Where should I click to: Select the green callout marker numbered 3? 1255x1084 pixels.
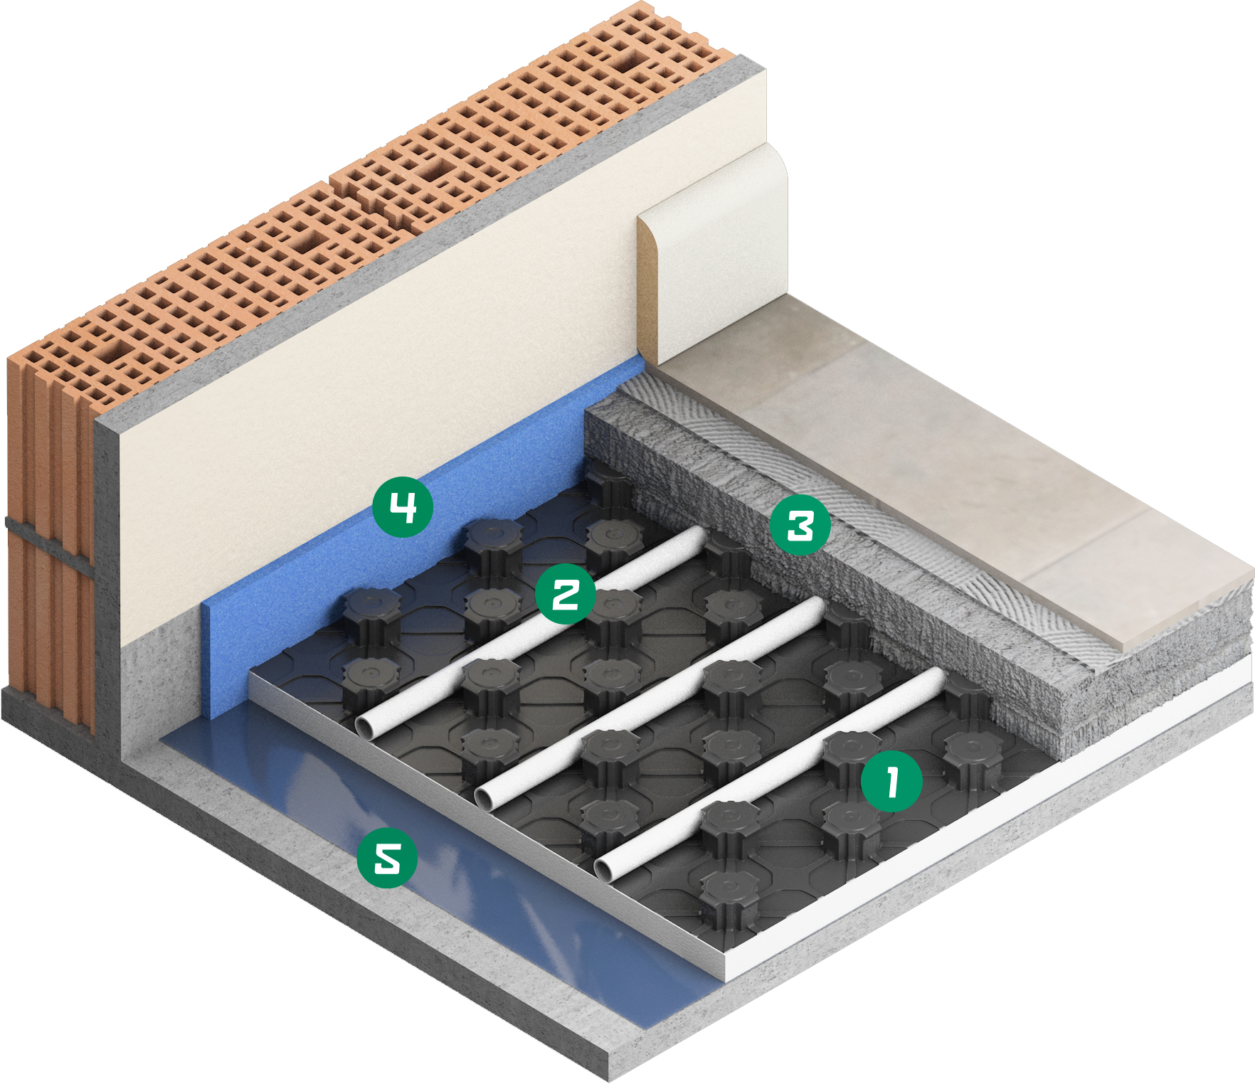tap(800, 526)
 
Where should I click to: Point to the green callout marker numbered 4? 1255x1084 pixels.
tap(403, 506)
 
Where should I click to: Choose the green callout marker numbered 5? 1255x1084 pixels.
tap(387, 857)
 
